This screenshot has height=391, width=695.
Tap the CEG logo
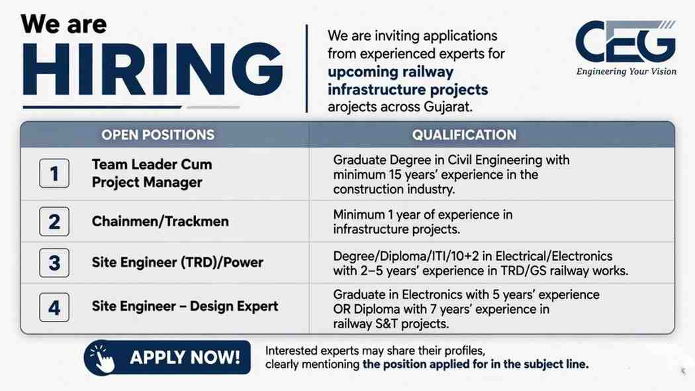[625, 42]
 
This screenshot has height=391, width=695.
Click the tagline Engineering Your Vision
[625, 71]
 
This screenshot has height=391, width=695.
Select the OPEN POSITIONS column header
[158, 135]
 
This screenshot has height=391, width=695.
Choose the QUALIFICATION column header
[464, 135]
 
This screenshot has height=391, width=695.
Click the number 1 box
[54, 173]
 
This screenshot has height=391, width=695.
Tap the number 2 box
[54, 221]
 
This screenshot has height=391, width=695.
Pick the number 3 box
[54, 263]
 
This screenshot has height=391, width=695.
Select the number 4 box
[54, 307]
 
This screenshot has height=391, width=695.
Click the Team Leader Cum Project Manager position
[152, 173]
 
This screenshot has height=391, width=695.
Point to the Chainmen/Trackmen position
[160, 222]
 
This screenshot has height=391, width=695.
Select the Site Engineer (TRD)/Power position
[177, 263]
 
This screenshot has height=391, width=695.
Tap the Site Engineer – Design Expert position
[185, 307]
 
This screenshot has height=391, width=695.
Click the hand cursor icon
[102, 357]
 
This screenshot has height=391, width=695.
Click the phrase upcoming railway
[391, 71]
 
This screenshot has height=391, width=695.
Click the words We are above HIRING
[64, 24]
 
